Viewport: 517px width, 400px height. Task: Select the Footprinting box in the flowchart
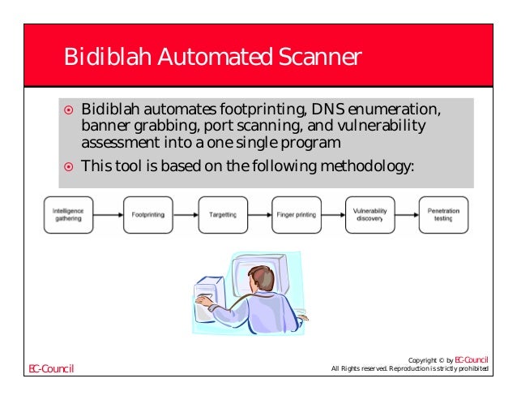[147, 215]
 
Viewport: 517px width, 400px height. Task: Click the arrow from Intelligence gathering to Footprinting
[109, 215]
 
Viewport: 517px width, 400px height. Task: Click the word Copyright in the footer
[425, 359]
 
